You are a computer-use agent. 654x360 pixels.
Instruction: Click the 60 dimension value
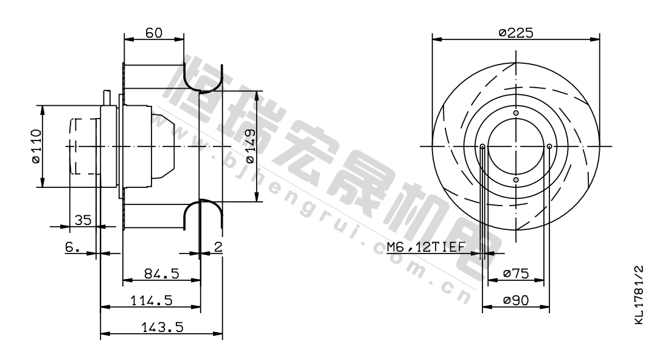(x=154, y=33)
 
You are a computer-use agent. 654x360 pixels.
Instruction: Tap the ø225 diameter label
(x=516, y=33)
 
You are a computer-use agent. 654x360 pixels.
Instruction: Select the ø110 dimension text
(x=36, y=146)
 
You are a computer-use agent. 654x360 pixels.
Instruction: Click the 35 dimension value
(x=83, y=220)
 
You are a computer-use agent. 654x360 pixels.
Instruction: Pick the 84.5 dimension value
(x=161, y=274)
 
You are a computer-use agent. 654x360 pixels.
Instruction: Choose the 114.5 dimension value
(x=151, y=300)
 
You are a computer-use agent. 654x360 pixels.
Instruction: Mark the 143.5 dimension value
(x=162, y=327)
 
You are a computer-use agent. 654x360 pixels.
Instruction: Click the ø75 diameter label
(x=516, y=274)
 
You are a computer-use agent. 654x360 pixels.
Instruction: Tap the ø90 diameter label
(x=516, y=300)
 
